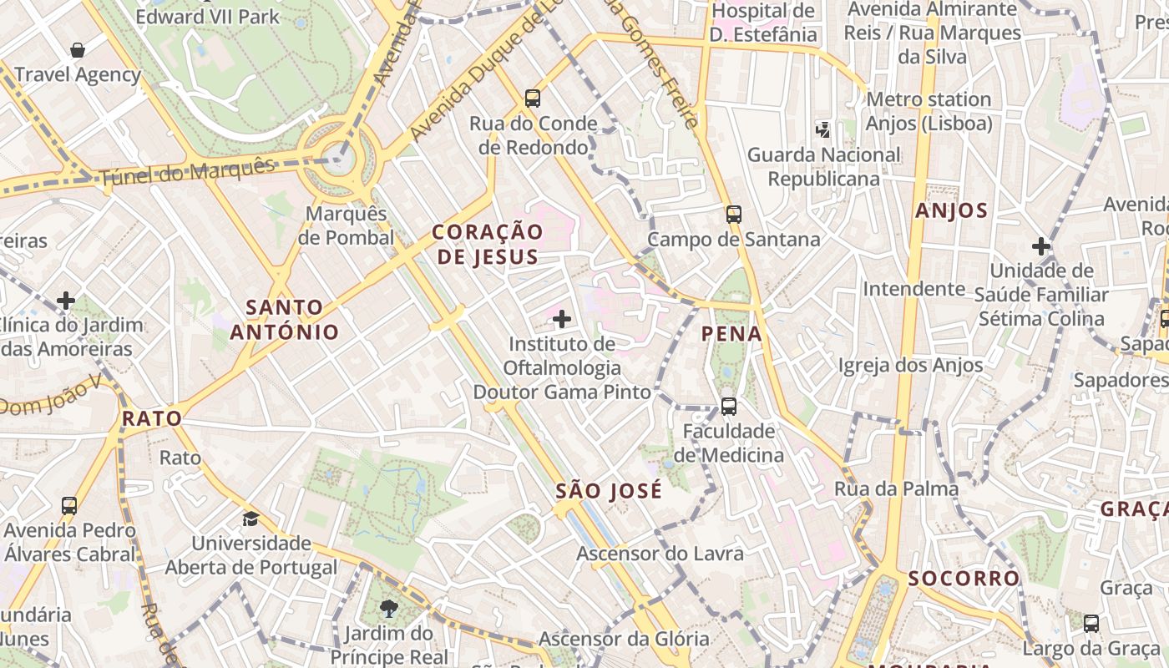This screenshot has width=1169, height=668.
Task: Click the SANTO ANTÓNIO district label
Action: point(285,320)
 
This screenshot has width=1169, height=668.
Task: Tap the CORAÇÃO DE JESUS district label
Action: point(488,244)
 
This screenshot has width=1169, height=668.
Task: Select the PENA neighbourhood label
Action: point(731,334)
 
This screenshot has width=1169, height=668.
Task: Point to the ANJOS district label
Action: point(951,210)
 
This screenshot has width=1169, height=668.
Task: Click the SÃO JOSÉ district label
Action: point(609,491)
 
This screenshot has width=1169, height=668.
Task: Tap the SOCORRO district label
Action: point(964,578)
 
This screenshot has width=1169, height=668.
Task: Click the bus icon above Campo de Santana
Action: point(734,215)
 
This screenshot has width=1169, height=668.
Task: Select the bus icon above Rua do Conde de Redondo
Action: point(533,99)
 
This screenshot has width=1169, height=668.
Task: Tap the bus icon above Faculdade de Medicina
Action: point(729,407)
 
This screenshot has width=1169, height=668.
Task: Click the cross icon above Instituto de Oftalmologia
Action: point(562,318)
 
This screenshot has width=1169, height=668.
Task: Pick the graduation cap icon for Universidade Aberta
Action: point(250,519)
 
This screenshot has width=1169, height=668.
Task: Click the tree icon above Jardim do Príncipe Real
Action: point(388,608)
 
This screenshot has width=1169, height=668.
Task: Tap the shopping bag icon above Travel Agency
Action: point(78,50)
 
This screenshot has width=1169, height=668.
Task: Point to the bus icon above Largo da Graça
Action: point(1091,623)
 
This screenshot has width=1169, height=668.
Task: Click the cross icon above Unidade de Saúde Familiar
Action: point(1040,246)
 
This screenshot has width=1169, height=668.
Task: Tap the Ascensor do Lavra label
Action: point(660,553)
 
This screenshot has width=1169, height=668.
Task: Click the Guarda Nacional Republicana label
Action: point(823,166)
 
